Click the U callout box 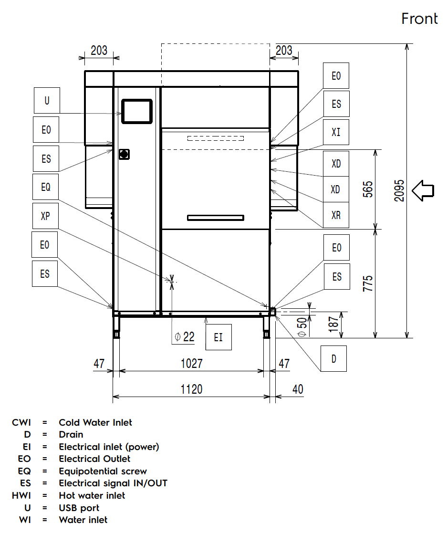(47, 101)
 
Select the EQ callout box (46, 187)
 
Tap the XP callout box (46, 216)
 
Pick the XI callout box (336, 132)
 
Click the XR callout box (336, 215)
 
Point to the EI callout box (218, 337)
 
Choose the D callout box (333, 358)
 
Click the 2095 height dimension (399, 191)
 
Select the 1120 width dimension (191, 389)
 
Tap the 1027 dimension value (192, 364)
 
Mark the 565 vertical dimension (368, 189)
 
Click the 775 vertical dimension (368, 283)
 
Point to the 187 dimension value (333, 324)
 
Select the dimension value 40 (298, 389)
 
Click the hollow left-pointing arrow (423, 191)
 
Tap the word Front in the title (419, 19)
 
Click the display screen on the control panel (137, 111)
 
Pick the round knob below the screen (124, 155)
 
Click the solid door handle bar (216, 218)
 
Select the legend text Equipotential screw (103, 471)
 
